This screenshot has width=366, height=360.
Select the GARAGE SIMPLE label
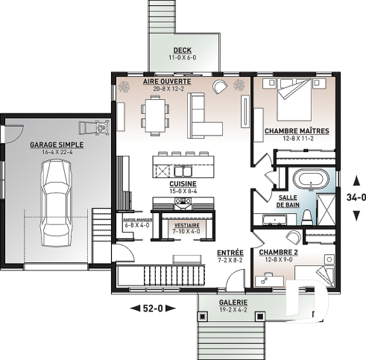pos(56,145)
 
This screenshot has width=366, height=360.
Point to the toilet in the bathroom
pos(306,216)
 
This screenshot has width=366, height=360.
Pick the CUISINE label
pos(182,183)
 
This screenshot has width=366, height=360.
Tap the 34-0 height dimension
pos(356,198)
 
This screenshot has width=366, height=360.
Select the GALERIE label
pos(233,303)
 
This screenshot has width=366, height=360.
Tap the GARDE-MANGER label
pos(136,221)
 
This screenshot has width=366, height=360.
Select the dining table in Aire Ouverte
pos(154,113)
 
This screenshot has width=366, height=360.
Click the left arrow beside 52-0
pos(134,307)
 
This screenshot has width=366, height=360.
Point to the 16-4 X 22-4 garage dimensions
pos(56,152)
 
